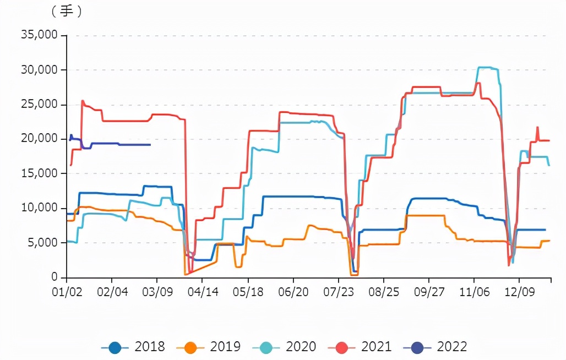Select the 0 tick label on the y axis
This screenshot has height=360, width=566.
tap(55, 277)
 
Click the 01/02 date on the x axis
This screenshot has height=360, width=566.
tap(67, 290)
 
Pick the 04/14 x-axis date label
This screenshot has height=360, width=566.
tap(203, 290)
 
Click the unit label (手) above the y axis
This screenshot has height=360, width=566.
tap(67, 12)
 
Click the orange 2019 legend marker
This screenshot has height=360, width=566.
tap(191, 347)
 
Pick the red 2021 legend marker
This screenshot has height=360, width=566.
tap(342, 347)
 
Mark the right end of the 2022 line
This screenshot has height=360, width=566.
tap(150, 145)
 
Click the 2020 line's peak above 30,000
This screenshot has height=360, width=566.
tap(485, 68)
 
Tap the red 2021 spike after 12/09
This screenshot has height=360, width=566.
tap(537, 127)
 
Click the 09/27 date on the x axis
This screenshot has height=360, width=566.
tap(429, 290)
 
